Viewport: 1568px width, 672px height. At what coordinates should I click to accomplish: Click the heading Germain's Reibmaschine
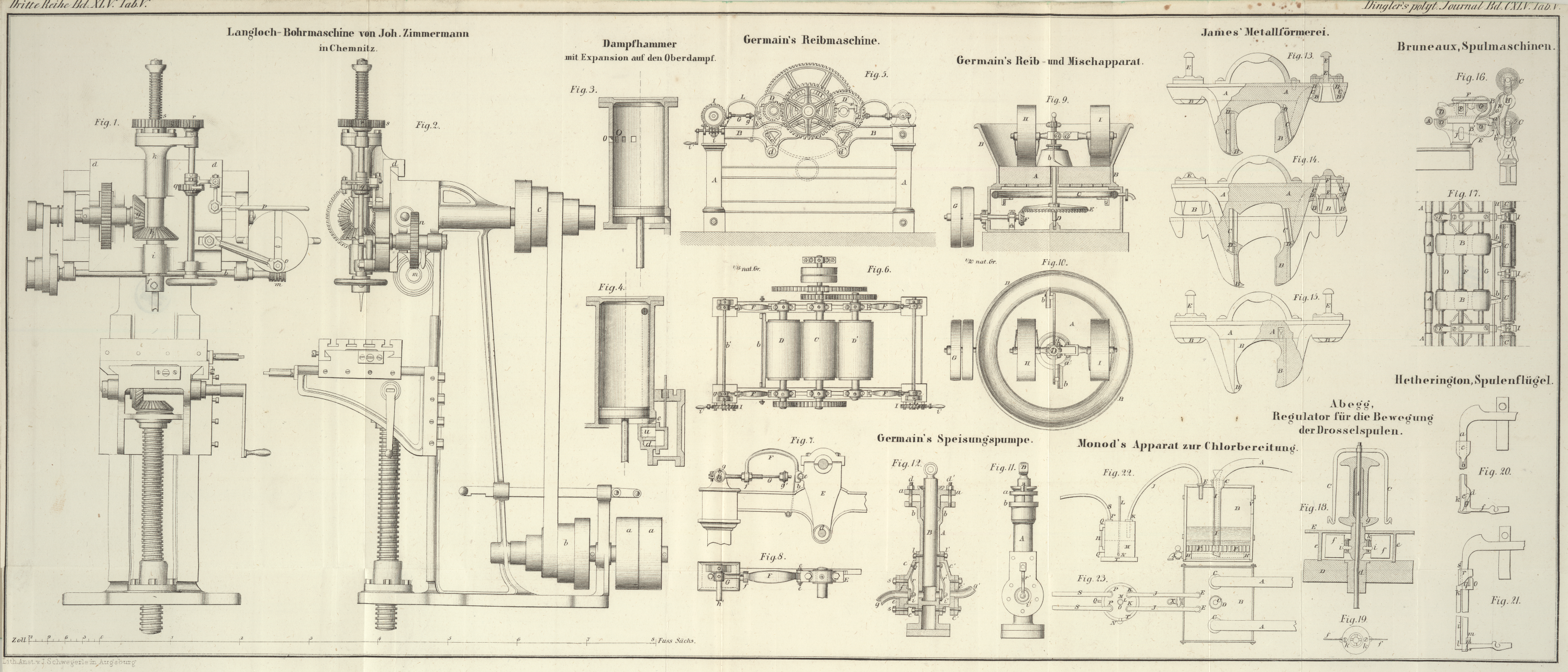pos(811,41)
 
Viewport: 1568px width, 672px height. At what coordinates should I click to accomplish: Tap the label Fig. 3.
pos(583,90)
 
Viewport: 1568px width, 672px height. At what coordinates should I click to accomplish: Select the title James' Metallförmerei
pos(1264,31)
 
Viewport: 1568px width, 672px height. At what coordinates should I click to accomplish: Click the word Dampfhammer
pos(639,44)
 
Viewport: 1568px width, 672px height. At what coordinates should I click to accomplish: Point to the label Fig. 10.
pos(1054,262)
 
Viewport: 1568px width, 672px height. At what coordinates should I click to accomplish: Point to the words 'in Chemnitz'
pos(349,48)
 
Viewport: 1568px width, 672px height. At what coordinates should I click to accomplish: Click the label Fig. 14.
pos(1306,159)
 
